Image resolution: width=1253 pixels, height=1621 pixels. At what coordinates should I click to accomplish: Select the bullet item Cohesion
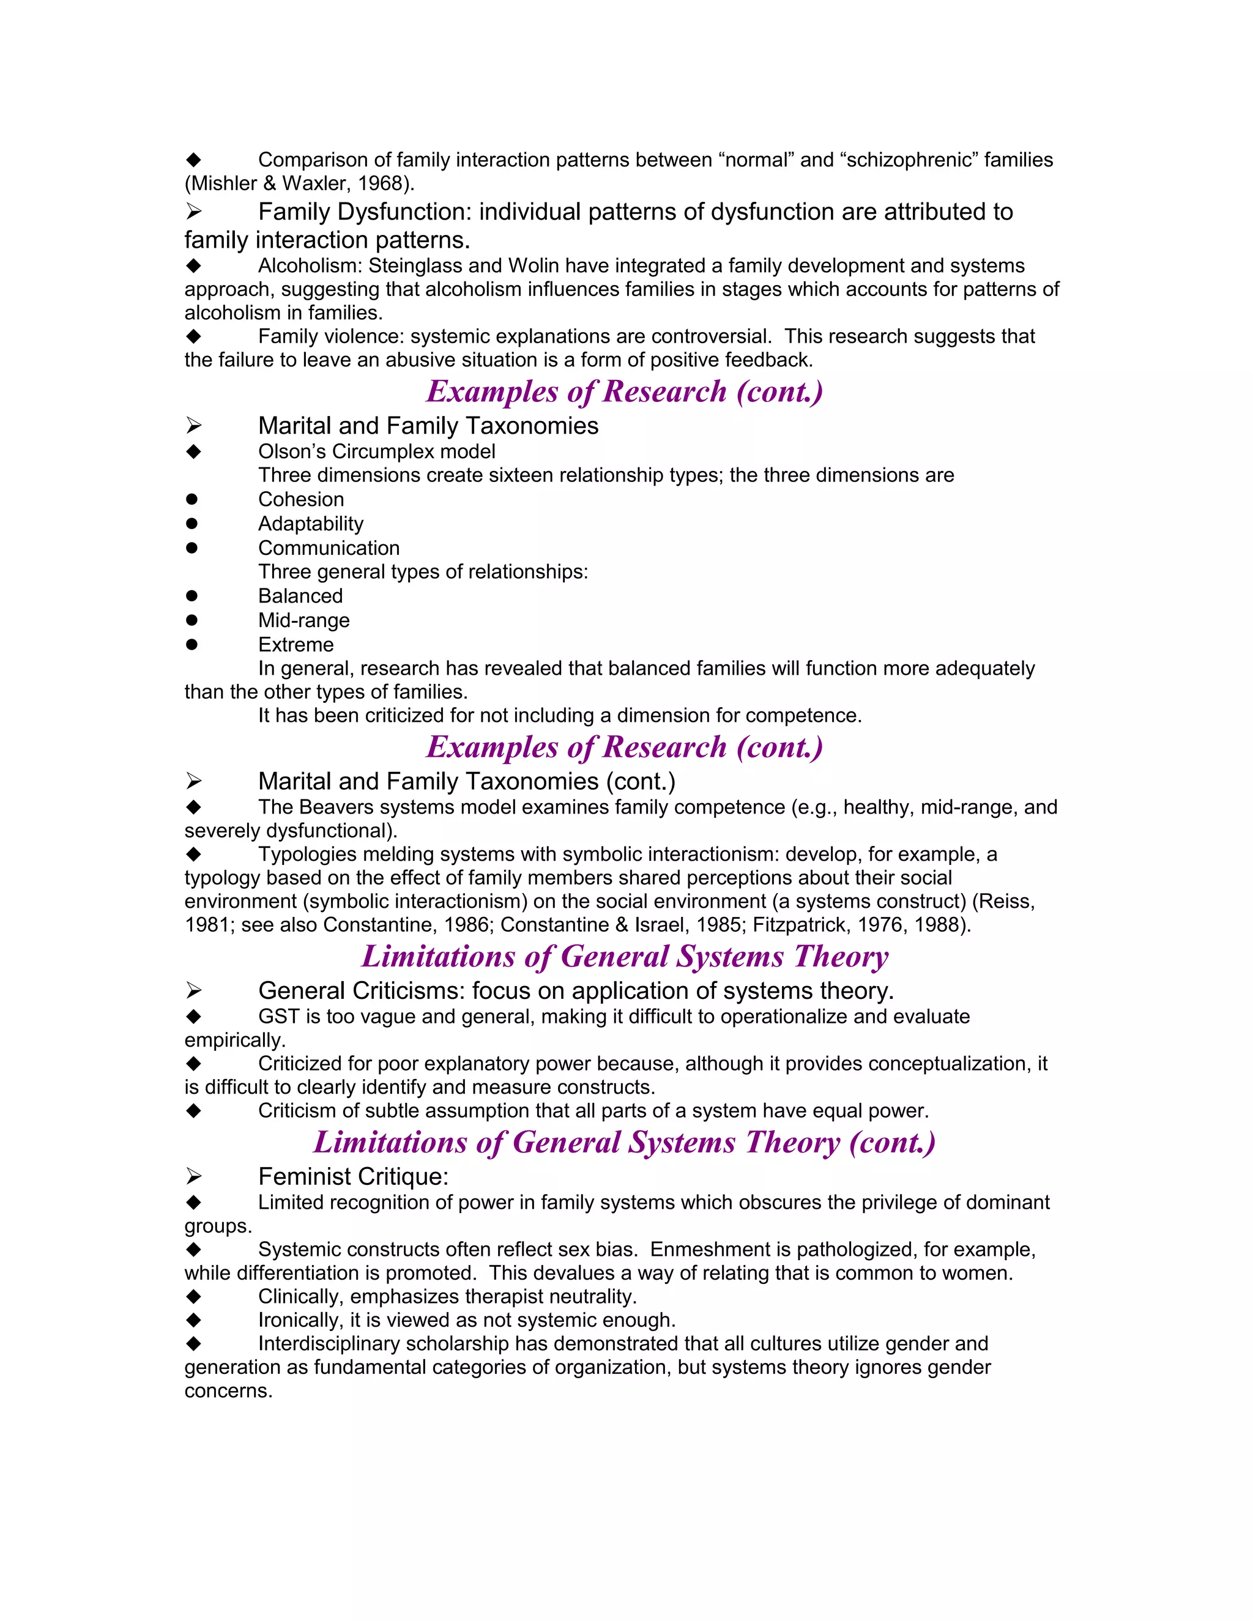pos(300,500)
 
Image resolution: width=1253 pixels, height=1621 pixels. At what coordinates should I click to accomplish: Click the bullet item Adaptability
pos(310,524)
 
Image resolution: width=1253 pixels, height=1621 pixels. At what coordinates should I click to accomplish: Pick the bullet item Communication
pos(328,549)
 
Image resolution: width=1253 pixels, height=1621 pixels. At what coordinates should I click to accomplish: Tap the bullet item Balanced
pos(300,596)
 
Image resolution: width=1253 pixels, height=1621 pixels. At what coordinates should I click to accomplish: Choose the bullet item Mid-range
pos(303,620)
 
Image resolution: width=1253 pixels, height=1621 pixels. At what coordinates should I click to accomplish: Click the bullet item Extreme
pos(296,645)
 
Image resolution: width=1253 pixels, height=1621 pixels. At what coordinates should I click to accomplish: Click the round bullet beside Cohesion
pos(192,500)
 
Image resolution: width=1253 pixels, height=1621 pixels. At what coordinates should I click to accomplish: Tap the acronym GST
pos(278,1016)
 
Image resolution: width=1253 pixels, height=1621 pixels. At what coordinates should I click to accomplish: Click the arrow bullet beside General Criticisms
pos(194,990)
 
